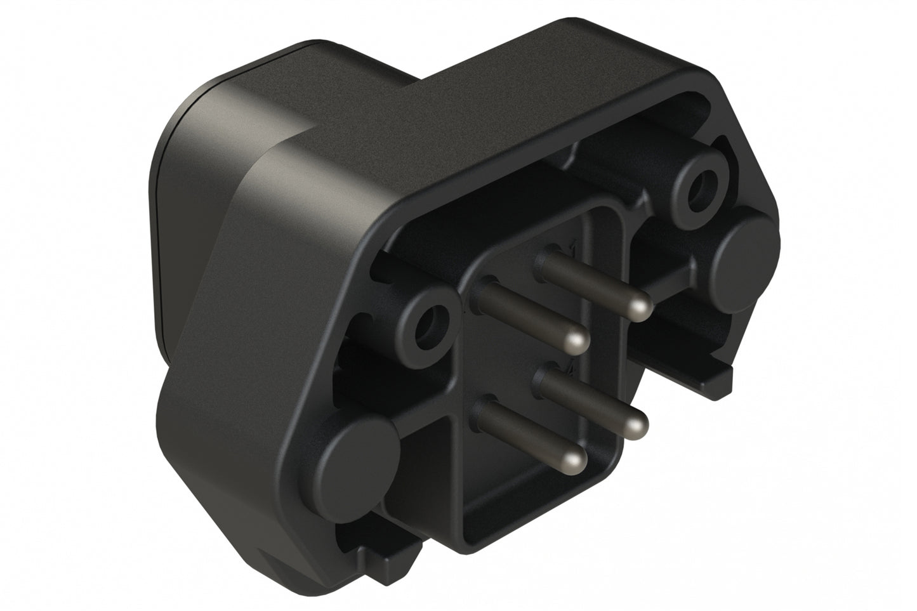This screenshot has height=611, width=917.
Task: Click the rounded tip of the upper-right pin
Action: [637, 308]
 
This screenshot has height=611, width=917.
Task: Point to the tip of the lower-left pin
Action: [575, 459]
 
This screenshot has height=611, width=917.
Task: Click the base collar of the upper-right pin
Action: [546, 261]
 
